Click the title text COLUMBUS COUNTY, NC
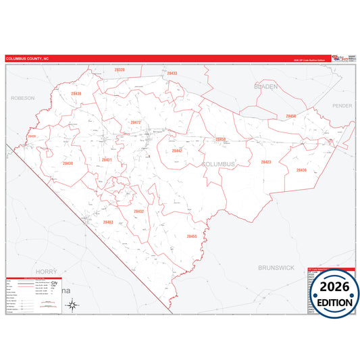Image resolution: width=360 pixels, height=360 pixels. tap(28, 59)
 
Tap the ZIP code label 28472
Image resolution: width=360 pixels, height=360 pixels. tap(135, 122)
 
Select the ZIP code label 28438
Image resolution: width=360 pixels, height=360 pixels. tap(76, 94)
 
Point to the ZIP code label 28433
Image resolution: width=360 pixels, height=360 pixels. tap(172, 73)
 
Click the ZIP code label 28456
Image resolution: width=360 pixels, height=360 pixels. tap(290, 117)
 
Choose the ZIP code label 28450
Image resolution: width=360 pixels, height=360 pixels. tap(220, 139)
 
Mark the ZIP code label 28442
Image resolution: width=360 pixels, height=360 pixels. tap(177, 151)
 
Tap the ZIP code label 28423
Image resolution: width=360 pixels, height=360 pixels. tap(265, 162)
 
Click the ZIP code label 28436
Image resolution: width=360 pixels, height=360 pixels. tap(301, 170)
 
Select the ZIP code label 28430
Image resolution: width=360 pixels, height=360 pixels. tap(68, 163)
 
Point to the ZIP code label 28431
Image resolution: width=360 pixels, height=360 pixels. tap(106, 160)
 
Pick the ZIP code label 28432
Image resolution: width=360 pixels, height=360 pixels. tap(138, 211)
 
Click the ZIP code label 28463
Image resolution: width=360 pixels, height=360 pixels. tap(108, 222)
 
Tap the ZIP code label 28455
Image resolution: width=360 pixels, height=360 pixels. tap(192, 236)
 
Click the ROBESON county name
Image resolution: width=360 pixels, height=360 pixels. tap(22, 98)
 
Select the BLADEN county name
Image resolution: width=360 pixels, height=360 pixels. tap(265, 87)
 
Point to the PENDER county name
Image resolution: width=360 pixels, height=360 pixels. tap(342, 106)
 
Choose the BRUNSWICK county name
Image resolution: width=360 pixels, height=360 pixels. tap(276, 267)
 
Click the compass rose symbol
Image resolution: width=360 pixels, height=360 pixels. tap(72, 306)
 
